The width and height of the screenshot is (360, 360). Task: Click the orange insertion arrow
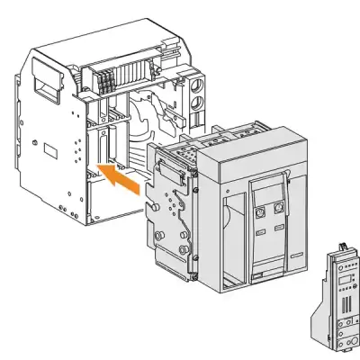[x=120, y=177]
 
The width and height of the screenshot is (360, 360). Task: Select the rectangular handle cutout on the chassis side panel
[x=42, y=85]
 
